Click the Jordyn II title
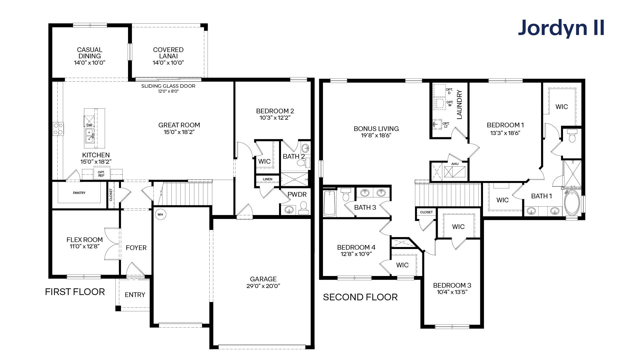point(561,28)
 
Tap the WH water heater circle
point(160,214)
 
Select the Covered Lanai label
point(168,53)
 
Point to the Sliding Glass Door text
point(168,86)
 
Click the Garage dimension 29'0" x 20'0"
point(263,286)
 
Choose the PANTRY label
point(79,193)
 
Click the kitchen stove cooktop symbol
point(58,129)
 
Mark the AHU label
point(455,164)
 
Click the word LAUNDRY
point(460,104)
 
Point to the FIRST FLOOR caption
point(75,292)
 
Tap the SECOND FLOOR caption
point(360,297)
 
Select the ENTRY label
point(135,295)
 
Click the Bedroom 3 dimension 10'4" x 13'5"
point(452,292)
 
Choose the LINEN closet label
point(268,179)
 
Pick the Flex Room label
point(85,240)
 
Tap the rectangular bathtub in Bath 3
point(329,203)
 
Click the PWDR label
point(297,194)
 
